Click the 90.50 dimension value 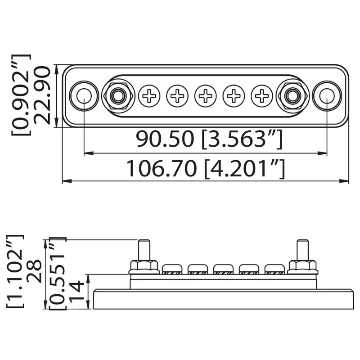click(x=166, y=140)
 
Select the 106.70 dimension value click(x=161, y=169)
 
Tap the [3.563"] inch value click(x=242, y=140)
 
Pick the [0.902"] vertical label click(x=21, y=95)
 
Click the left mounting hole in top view click(x=83, y=95)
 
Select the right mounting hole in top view click(x=326, y=95)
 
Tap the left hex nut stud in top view click(x=117, y=95)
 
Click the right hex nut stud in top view click(x=292, y=95)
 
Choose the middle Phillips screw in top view click(x=206, y=95)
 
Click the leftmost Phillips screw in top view click(x=149, y=95)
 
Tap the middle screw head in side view click(x=223, y=270)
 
